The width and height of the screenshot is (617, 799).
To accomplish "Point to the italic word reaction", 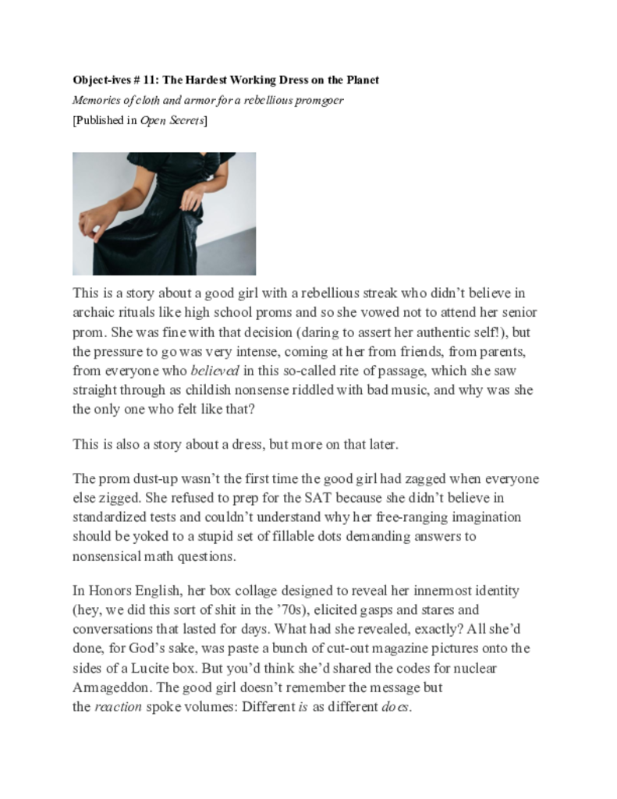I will coord(119,708).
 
